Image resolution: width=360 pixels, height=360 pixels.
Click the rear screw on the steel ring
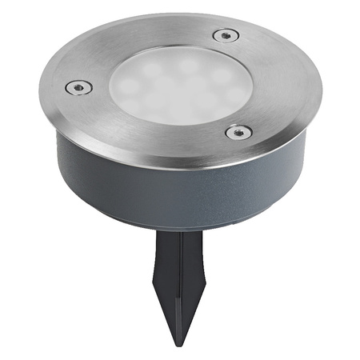pos(226,35)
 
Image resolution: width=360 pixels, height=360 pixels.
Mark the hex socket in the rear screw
pos(226,35)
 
